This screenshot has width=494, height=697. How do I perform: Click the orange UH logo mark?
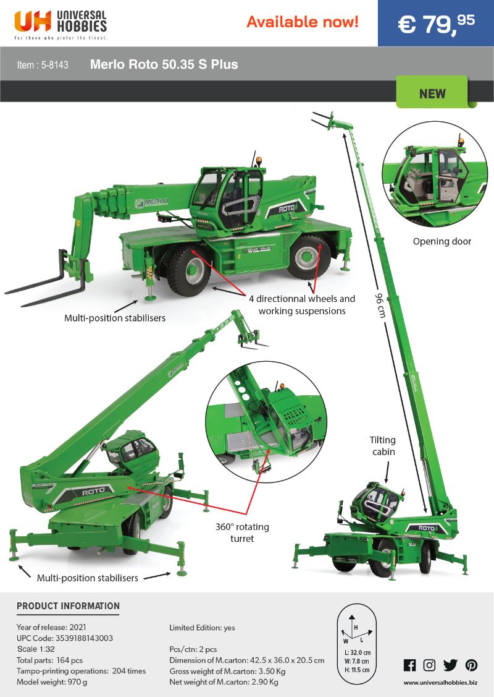(x=33, y=21)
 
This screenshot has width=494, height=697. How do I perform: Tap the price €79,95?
(x=436, y=24)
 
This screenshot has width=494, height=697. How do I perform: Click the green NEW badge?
(x=432, y=93)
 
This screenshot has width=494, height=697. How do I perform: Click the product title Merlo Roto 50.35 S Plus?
(x=164, y=64)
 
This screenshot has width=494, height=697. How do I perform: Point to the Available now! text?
(x=302, y=22)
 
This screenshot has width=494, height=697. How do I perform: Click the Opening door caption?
(x=442, y=241)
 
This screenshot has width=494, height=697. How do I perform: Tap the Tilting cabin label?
(x=383, y=446)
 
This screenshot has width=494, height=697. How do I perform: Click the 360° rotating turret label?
(x=242, y=532)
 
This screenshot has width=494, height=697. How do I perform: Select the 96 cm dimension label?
(x=380, y=304)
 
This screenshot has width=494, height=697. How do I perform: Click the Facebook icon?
(x=409, y=665)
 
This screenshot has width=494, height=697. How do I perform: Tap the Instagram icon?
(x=429, y=665)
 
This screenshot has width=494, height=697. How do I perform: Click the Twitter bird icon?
(x=450, y=665)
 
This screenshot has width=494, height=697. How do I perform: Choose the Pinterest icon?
(x=471, y=665)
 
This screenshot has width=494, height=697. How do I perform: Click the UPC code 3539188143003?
(x=84, y=638)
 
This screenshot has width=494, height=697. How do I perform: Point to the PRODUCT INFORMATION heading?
(x=69, y=606)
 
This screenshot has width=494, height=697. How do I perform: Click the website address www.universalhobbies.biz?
(x=440, y=682)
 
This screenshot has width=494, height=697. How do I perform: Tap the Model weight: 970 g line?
(x=52, y=682)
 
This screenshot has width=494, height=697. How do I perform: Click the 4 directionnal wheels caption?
(x=302, y=299)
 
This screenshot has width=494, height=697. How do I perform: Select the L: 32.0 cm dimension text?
(x=358, y=652)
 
